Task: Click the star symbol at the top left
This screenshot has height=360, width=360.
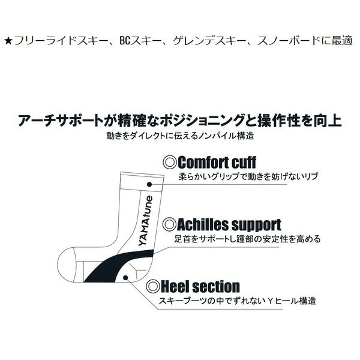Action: click(8, 41)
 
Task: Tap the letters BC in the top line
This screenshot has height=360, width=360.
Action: click(125, 41)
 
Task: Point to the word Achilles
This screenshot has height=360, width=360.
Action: click(202, 224)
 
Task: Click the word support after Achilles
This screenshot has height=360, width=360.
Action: click(256, 225)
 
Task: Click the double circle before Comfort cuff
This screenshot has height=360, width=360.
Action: click(170, 163)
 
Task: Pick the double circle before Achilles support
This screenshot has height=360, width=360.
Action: click(169, 224)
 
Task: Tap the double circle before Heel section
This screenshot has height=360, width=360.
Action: click(153, 286)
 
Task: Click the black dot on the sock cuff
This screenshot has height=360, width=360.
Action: click(149, 184)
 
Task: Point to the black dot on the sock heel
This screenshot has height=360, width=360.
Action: click(125, 278)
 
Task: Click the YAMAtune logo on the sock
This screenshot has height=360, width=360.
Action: click(146, 221)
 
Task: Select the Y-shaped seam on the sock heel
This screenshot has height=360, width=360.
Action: click(137, 270)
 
